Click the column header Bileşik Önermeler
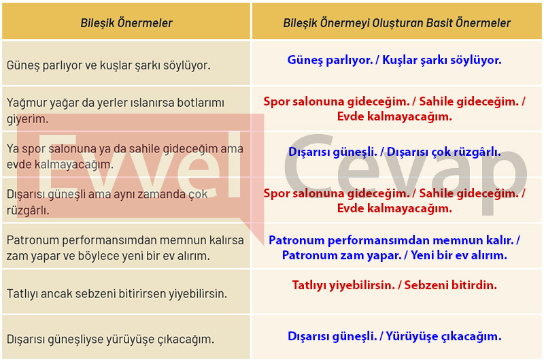(126, 23)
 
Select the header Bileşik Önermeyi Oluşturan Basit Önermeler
(396, 23)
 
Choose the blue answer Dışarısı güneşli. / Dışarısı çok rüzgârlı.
(394, 152)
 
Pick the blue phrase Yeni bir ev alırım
(458, 255)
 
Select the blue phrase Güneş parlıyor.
(330, 60)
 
